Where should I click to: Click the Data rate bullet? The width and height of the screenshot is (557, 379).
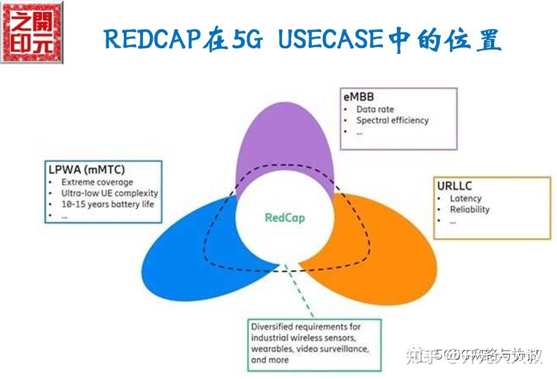click(375, 109)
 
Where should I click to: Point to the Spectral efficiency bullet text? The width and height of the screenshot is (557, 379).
click(392, 120)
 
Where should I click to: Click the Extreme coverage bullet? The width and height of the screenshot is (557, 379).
click(97, 182)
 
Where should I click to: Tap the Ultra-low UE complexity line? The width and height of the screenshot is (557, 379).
click(109, 193)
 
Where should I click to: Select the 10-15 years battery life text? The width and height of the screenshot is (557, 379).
click(108, 204)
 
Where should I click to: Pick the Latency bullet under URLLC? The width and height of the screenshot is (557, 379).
click(465, 198)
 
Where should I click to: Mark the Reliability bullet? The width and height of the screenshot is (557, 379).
click(469, 210)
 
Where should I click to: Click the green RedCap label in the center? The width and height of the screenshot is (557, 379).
click(285, 218)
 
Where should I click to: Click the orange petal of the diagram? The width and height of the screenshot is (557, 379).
click(387, 248)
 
